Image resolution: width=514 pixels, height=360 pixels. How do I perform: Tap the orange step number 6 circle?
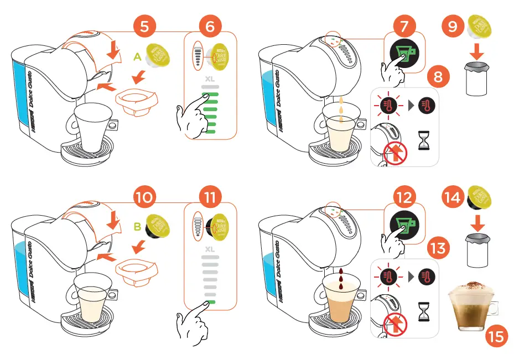pos(210,26)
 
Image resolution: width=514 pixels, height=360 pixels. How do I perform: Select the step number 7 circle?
pos(404,26)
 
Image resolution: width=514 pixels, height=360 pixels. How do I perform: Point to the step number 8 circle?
pos(438,77)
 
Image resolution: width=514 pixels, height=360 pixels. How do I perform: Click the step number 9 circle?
pos(453,26)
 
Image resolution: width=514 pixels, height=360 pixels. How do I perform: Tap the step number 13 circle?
pos(438,247)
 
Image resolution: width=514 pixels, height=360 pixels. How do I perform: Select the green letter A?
pos(137,56)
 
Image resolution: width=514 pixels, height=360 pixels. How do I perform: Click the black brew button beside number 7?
pos(404,56)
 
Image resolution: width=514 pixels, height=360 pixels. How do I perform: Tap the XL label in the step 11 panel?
pos(210,249)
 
